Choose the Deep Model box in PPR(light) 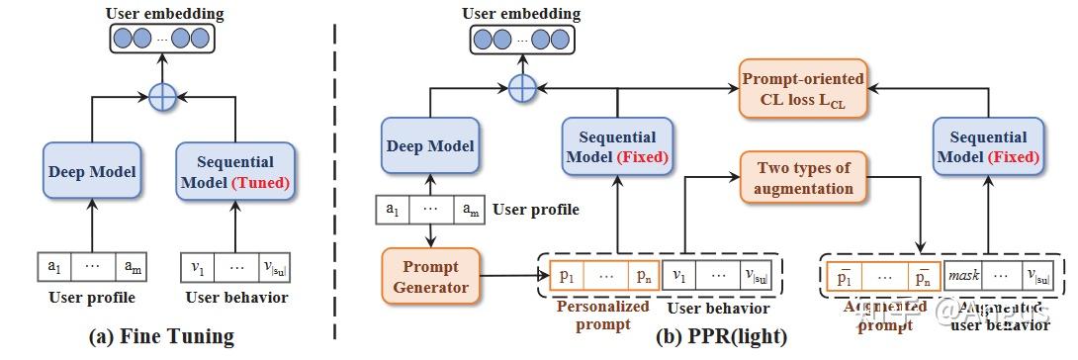coord(430,145)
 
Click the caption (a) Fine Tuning coord(161,337)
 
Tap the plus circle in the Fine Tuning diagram coord(162,97)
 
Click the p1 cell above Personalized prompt coord(564,276)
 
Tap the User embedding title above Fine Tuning coord(162,12)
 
